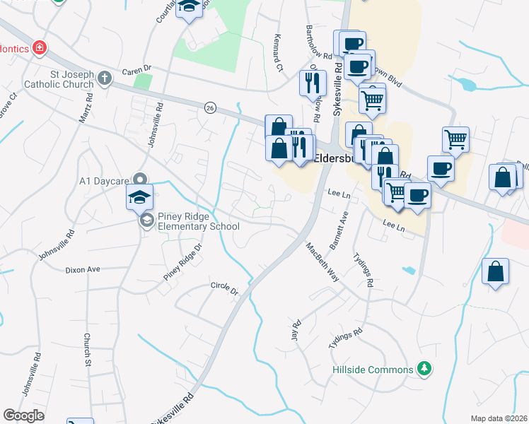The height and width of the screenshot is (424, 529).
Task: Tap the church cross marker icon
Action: point(105,78)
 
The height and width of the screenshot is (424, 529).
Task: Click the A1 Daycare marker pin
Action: point(140,179)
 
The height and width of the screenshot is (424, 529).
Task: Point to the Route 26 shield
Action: point(210,107)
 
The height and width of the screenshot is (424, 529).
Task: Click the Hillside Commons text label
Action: point(373,370)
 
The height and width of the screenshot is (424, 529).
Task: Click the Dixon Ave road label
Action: point(83,270)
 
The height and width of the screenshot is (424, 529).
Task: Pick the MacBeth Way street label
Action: point(322,262)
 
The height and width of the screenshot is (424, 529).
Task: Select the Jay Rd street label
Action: point(296,330)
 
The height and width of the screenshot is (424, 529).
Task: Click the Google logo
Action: point(23,416)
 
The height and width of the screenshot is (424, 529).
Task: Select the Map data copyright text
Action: point(498,418)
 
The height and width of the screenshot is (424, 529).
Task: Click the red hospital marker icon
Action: point(40,48)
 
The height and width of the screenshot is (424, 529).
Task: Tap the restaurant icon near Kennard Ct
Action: point(312,83)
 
